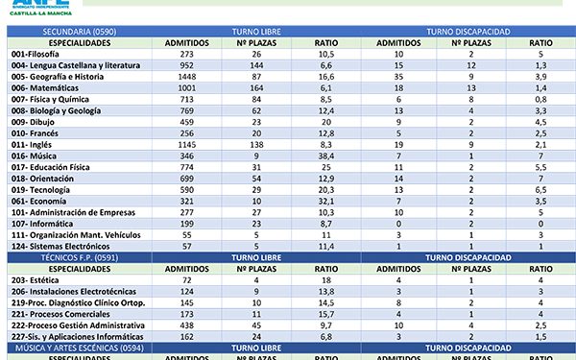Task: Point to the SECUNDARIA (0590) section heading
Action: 57,32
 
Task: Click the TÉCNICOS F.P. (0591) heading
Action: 59,258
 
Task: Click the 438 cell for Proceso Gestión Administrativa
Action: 187,325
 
